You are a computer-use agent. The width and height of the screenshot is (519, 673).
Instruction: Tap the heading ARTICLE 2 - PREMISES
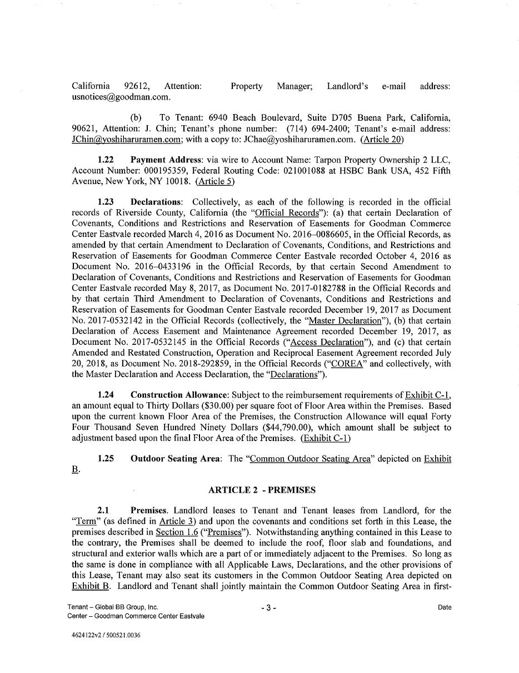click(262, 490)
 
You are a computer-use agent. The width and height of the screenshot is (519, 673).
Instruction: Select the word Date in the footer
click(444, 607)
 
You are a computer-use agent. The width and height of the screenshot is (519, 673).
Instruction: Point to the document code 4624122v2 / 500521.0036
click(106, 635)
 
